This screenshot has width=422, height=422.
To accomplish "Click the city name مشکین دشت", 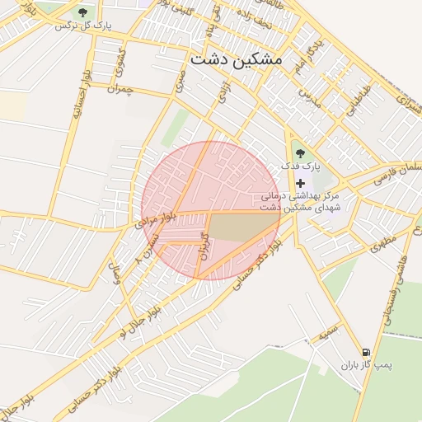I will click(235, 60).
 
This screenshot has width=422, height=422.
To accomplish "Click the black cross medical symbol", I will click(300, 182).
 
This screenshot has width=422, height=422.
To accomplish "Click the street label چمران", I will click(119, 89).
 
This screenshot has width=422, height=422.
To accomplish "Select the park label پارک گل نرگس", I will click(83, 26).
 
